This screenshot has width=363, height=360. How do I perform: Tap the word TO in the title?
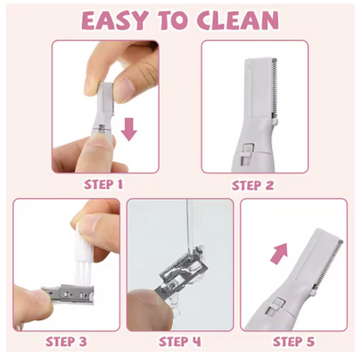coord(173,21)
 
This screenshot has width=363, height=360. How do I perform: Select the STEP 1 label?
coord(103,185)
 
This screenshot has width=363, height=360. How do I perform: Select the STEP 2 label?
coord(253,186)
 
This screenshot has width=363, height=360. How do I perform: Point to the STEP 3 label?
coord(66,342)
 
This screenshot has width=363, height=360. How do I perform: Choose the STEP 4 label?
coord(180,342)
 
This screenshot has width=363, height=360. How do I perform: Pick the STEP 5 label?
coord(294,342)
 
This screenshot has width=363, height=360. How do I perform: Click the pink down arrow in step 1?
coord(129,129)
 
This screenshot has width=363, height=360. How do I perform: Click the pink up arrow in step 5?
coord(278,254)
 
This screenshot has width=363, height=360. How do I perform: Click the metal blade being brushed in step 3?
coord(68,294)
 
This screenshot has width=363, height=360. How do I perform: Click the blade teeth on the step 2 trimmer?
coord(274,87)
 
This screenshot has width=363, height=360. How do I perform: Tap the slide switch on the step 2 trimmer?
coord(247,153)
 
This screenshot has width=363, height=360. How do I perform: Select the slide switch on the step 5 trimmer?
coord(275,306)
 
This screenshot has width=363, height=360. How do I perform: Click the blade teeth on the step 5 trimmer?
coord(329,262)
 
